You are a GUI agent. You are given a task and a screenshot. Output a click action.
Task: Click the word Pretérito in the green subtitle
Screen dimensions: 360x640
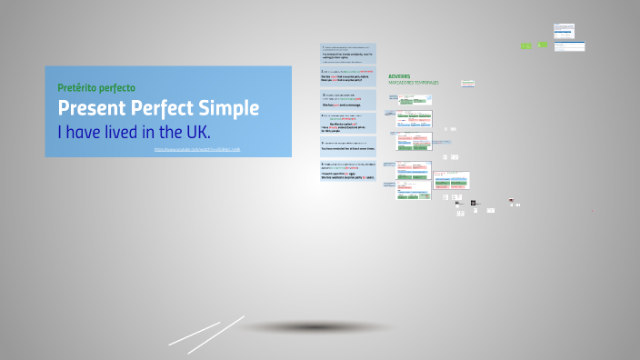point(77,88)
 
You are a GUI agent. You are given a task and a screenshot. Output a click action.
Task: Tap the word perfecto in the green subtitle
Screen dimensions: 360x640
point(117,88)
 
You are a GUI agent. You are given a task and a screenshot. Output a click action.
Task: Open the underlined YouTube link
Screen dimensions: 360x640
point(196,149)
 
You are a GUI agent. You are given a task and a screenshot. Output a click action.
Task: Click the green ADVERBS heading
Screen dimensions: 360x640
point(399,76)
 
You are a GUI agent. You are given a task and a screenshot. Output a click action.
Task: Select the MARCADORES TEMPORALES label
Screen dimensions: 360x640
point(413,83)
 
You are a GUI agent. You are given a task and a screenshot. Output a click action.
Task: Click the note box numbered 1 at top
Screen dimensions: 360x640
point(348,53)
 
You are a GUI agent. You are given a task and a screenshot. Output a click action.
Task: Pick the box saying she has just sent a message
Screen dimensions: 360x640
point(348,100)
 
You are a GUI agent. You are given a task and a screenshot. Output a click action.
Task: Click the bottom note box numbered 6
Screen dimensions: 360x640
point(348,172)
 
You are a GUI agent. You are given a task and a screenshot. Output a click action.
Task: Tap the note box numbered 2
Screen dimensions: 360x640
point(348,76)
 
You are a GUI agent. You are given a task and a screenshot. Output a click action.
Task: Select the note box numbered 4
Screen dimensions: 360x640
point(348,124)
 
